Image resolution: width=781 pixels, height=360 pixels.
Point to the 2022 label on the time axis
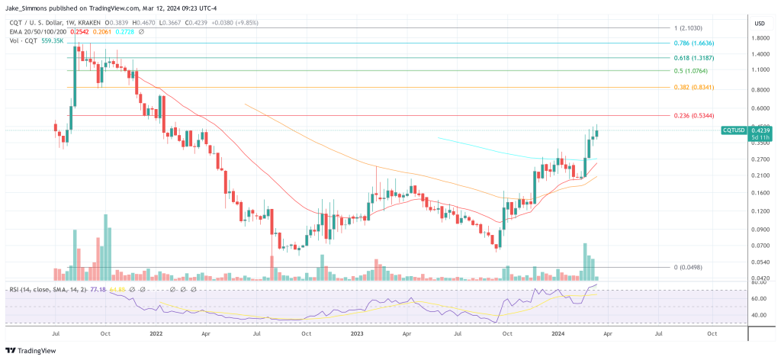click(156, 333)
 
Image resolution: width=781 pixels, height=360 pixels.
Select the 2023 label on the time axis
click(356, 333)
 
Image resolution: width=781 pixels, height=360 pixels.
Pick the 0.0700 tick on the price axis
click(760, 246)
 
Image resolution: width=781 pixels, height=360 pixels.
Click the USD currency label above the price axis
click(760, 23)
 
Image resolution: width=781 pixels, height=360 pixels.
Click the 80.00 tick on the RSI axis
click(760, 283)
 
